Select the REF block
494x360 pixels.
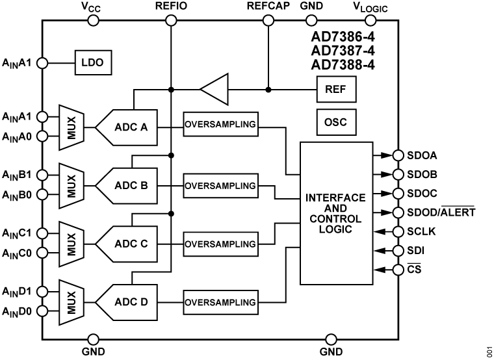click(x=336, y=90)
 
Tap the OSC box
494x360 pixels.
click(x=336, y=122)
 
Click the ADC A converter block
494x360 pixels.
click(x=129, y=126)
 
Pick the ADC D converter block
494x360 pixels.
click(x=129, y=302)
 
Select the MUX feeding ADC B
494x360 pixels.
click(x=70, y=185)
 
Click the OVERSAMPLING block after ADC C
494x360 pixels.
click(x=220, y=244)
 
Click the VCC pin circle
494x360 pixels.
click(x=93, y=21)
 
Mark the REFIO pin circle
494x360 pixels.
click(x=171, y=21)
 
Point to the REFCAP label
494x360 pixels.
click(x=268, y=6)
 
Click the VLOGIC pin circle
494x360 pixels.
click(x=369, y=21)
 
